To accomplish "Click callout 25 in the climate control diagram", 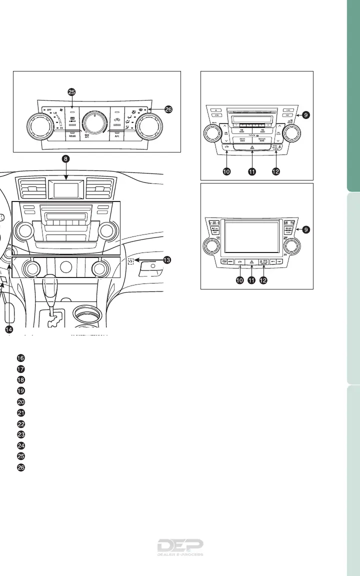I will [72, 92].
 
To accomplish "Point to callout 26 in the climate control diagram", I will [168, 109].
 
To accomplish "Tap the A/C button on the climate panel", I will [116, 134].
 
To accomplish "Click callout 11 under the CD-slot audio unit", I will [251, 171].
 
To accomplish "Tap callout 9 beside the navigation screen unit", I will [305, 229].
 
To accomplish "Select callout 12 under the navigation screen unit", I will [263, 280].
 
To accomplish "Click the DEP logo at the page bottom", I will [180, 548].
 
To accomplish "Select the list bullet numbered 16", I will [20, 358].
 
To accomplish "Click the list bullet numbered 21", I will [20, 412].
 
